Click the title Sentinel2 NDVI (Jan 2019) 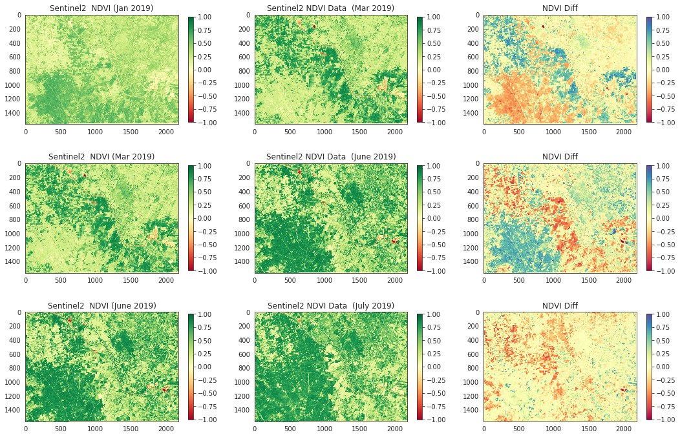coord(101,8)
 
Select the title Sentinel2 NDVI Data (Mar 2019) coord(330,8)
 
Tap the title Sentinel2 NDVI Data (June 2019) coord(331,157)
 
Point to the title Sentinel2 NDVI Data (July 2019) coord(331,305)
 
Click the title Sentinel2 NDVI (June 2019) coord(102,305)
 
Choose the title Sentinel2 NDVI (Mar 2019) coord(101,157)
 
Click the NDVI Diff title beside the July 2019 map coord(560,305)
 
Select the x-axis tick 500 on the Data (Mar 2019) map coord(290,132)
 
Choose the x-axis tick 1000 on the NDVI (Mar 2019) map coord(96,280)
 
